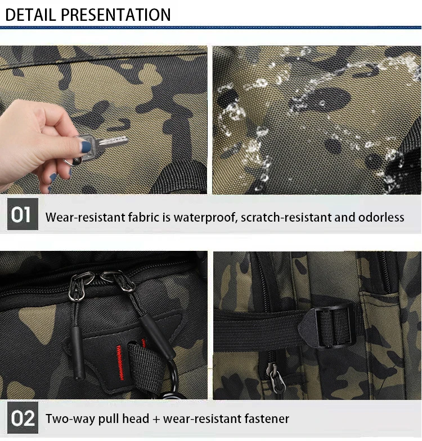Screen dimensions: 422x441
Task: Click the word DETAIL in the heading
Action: [30, 15]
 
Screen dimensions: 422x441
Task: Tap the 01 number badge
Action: [23, 214]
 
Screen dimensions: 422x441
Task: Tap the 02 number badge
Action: [23, 417]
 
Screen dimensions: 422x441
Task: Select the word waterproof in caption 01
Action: [206, 218]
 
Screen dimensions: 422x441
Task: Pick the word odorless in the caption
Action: [381, 217]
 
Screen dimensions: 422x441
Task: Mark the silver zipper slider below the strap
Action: [276, 376]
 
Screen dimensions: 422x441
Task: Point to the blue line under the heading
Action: [210, 28]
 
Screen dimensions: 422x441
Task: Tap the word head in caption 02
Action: [136, 418]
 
